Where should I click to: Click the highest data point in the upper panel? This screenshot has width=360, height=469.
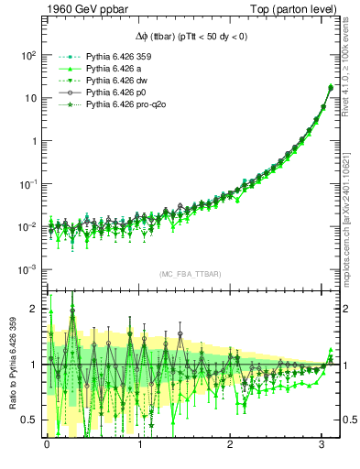(330, 88)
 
